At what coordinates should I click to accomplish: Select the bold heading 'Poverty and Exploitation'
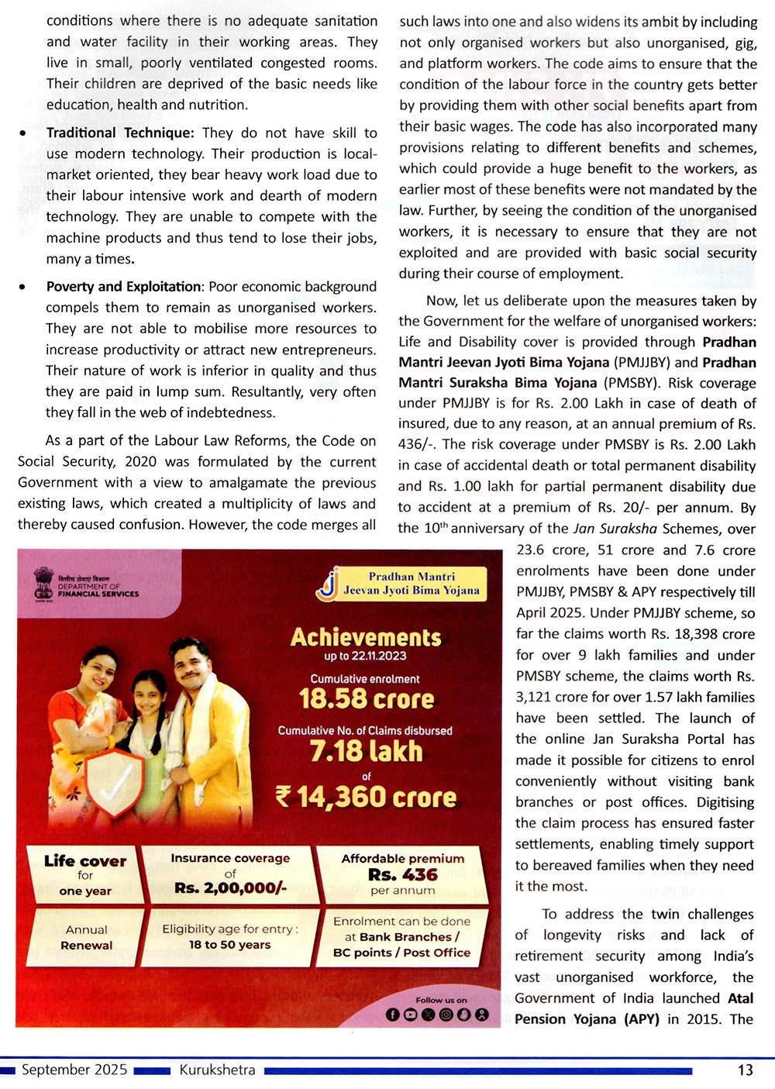pos(123,287)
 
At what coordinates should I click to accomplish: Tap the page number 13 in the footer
pos(745,1070)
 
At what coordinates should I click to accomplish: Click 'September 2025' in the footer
pos(74,1070)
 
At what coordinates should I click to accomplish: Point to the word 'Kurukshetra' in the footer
pos(217,1070)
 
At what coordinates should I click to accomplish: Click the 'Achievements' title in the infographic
pos(366,637)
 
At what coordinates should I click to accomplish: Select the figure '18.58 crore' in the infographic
pos(367,699)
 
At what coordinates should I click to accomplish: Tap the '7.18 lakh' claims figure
pos(367,751)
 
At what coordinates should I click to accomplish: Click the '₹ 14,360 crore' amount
pos(367,797)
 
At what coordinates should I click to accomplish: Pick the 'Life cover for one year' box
pos(85,875)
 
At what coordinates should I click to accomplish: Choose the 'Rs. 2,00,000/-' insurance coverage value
pos(230,888)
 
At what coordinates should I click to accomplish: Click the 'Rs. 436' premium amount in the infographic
pos(403,875)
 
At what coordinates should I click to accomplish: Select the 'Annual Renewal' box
pos(87,938)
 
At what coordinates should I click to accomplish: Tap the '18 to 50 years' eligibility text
pos(230,945)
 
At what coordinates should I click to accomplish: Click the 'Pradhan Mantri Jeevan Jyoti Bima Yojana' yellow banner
pos(411,584)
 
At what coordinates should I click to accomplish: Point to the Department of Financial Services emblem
pos(44,584)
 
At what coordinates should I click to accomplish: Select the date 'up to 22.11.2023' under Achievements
pos(365,657)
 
